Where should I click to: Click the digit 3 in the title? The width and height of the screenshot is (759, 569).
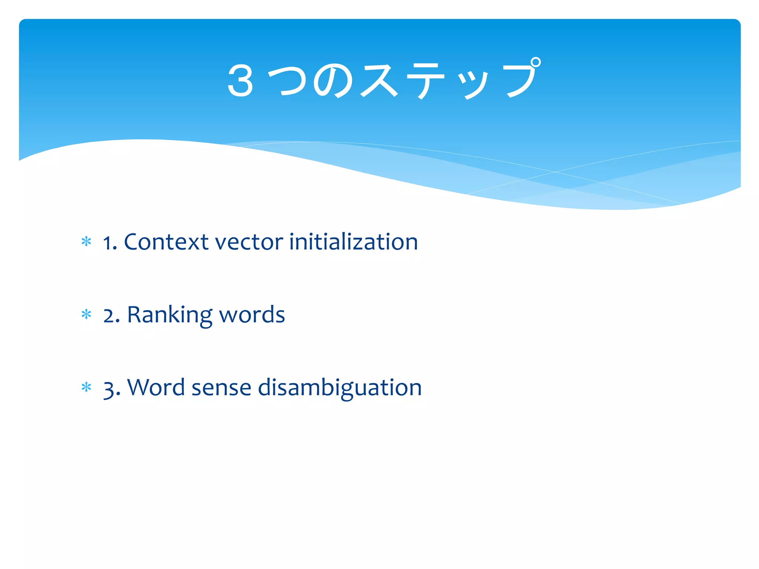(241, 81)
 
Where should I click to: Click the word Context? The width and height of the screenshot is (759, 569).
(166, 242)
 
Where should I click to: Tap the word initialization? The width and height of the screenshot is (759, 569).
(353, 242)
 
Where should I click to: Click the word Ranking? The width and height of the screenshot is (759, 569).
(169, 315)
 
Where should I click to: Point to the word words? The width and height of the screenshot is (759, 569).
(252, 315)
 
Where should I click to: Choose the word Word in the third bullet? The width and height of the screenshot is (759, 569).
(156, 387)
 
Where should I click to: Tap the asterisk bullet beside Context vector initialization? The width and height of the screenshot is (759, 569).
(86, 242)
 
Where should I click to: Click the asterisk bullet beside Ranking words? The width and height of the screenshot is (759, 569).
(86, 315)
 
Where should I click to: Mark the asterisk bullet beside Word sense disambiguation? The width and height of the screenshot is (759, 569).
(86, 387)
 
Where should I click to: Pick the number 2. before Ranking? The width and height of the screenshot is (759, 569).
(112, 316)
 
